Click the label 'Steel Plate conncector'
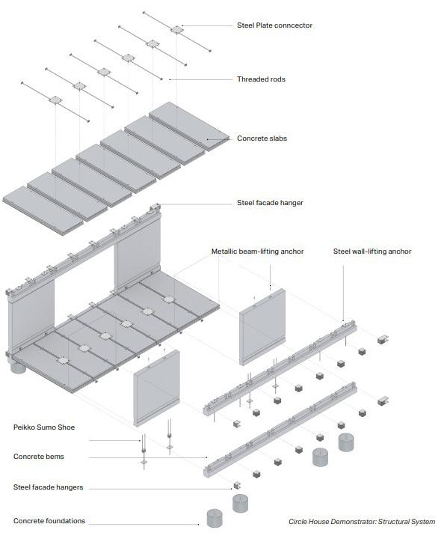pos(274,25)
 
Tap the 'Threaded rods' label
pos(261,79)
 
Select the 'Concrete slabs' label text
pos(262,138)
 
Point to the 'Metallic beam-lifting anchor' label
pos(257,252)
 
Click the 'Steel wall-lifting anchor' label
pos(372,252)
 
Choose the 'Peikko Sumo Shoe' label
pos(44,427)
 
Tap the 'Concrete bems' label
pos(39,457)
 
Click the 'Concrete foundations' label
pos(49,521)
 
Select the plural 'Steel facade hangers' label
pos(48,487)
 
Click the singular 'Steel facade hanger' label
pos(270,203)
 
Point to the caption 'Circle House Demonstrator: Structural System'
pos(362,522)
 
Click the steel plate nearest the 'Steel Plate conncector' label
pos(177,30)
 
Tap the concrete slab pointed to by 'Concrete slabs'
pos(189,126)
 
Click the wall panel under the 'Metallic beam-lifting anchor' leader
pos(262,326)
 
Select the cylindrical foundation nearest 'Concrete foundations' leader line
pos(215,518)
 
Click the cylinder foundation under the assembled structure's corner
pos(18,367)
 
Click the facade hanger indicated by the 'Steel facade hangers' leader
pos(237,485)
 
